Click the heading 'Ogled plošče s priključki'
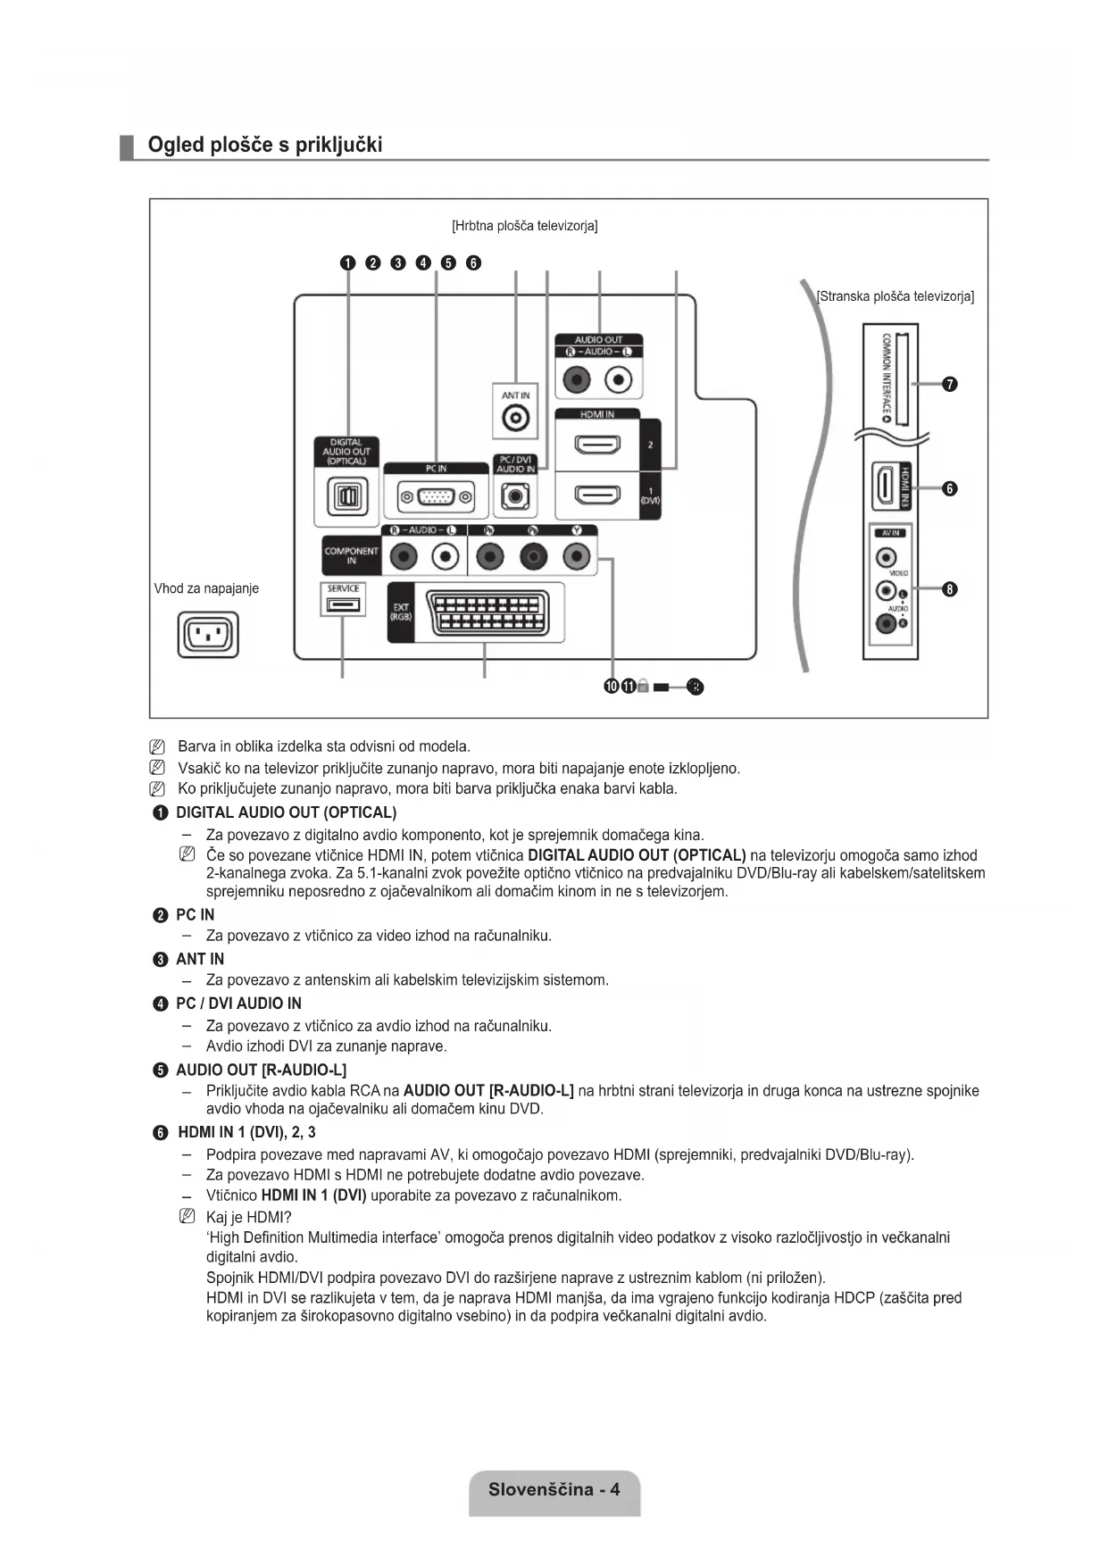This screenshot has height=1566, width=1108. pos(264,145)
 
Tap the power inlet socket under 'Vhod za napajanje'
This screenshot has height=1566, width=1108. pos(208,635)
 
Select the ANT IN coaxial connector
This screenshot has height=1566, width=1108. pos(515,417)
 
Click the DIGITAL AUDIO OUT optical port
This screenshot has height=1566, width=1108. pos(347,496)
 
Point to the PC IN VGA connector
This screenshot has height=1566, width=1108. pos(437,496)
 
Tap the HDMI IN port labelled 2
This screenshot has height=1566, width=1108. pos(596,443)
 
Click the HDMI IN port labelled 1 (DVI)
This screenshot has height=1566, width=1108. pos(596,494)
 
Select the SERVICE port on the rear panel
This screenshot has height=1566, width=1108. pos(343,605)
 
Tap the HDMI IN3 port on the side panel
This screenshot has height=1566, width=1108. pos(883,487)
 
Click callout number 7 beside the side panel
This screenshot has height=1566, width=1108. pos(950,384)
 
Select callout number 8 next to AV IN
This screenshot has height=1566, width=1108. pos(950,588)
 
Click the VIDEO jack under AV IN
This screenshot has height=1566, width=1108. pos(885,558)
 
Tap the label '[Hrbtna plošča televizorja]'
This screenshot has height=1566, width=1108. pos(525,226)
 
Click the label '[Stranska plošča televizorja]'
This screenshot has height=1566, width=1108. pos(896,296)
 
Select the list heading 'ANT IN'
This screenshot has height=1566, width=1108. pos(200,959)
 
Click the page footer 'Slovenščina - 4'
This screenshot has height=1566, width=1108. pos(554,1489)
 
